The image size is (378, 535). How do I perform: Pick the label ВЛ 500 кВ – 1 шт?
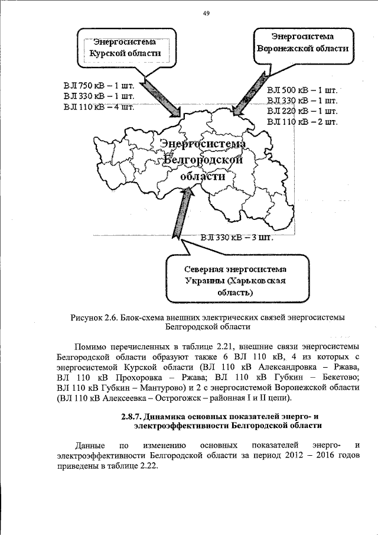tap(302, 90)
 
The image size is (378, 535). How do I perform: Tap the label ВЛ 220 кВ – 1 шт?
tap(302, 111)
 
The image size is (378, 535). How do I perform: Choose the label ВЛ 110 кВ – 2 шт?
tap(302, 122)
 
